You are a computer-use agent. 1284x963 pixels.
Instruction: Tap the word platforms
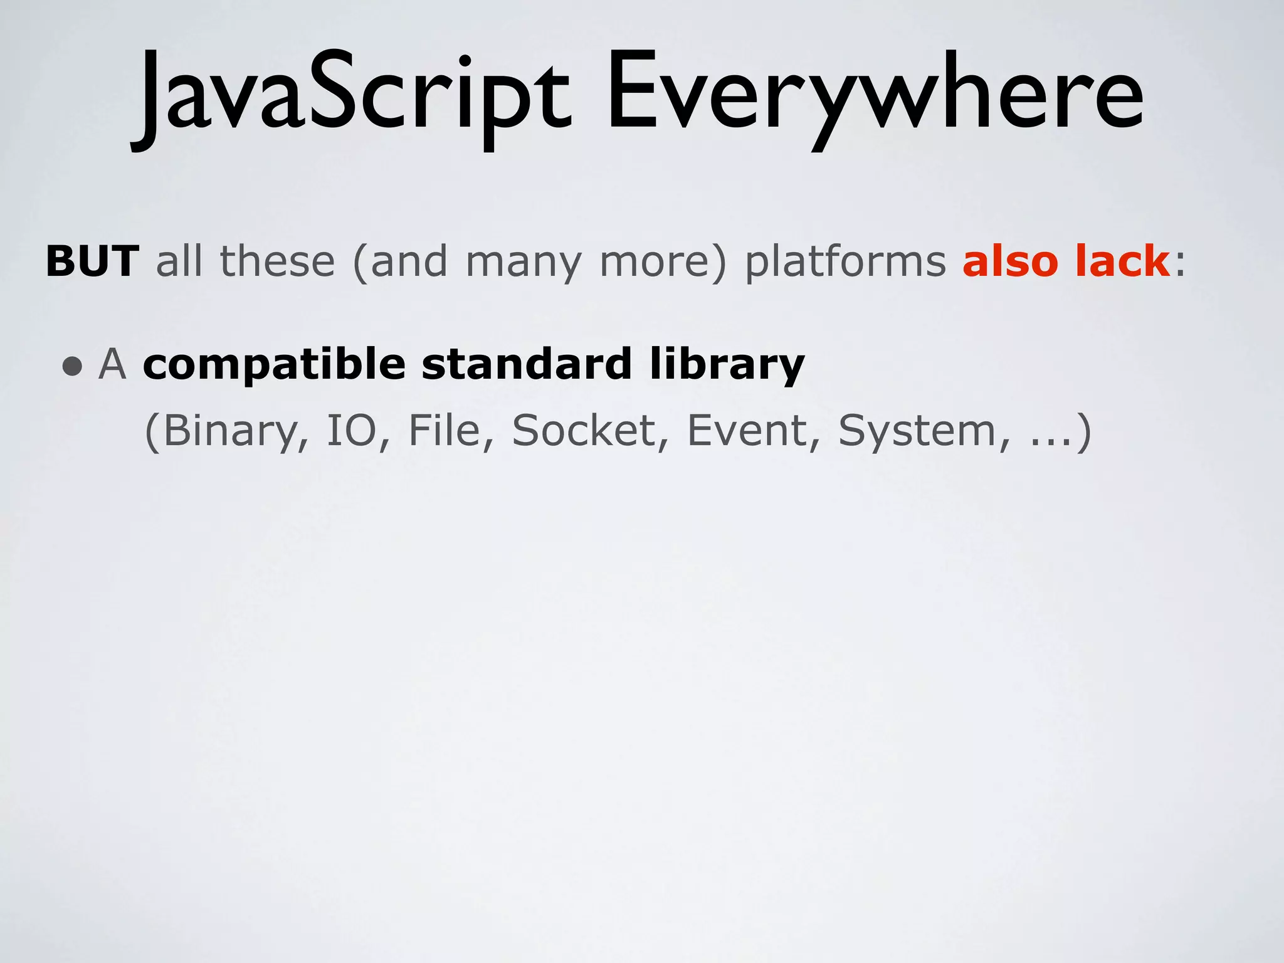(845, 262)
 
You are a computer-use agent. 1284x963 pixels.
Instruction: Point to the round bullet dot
(73, 366)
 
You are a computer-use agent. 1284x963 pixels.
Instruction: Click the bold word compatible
(274, 365)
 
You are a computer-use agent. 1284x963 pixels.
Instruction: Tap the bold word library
(727, 365)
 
